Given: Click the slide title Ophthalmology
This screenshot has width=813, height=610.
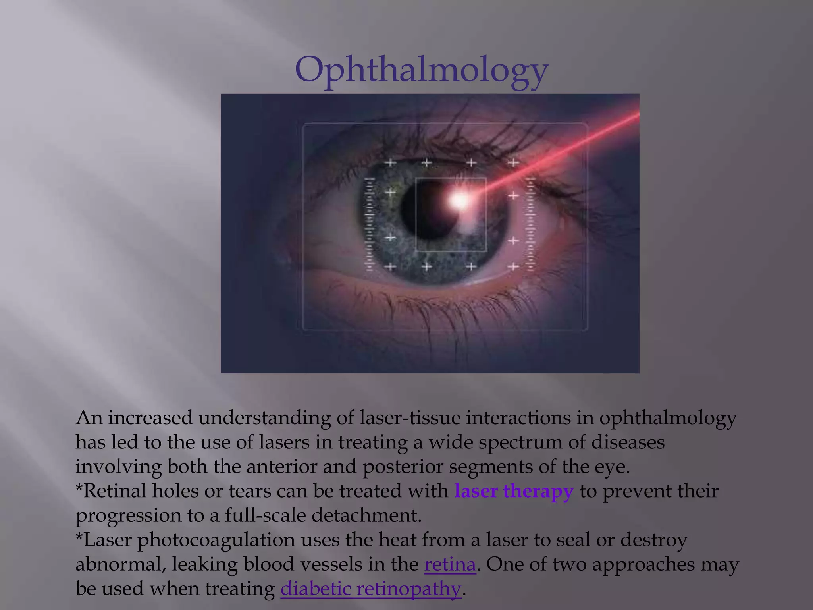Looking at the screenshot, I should pos(422,70).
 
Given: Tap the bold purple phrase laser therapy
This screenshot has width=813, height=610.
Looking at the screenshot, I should pos(514,491).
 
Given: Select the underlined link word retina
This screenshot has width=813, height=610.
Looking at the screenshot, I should pos(450,564).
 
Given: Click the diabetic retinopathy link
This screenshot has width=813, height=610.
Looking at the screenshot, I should pos(371,589).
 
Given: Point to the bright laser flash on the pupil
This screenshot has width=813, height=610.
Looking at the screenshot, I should pos(459,200).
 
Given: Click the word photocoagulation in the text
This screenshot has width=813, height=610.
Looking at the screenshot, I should pos(216,540).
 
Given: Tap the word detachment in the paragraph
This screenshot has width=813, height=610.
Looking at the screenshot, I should pos(366,515).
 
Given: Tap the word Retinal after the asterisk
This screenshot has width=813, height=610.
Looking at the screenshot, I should pos(115,491).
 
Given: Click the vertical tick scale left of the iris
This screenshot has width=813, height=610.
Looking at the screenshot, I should pos(369,225).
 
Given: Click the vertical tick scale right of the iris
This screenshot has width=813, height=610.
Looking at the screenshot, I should pos(530,225).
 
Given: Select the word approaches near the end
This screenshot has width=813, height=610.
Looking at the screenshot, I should pos(643,564).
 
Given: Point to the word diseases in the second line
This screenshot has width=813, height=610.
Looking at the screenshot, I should pos(628,442).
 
